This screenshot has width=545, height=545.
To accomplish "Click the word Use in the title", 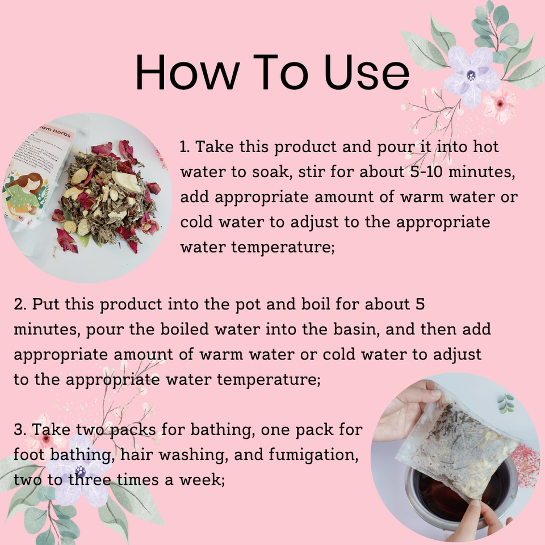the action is [367, 73].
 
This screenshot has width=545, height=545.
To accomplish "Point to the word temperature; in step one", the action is [283, 248].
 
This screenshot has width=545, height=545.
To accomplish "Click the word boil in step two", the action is [315, 304].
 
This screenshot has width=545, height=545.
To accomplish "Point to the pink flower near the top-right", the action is [500, 103].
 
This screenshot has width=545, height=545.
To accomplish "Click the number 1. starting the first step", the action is [185, 147].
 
